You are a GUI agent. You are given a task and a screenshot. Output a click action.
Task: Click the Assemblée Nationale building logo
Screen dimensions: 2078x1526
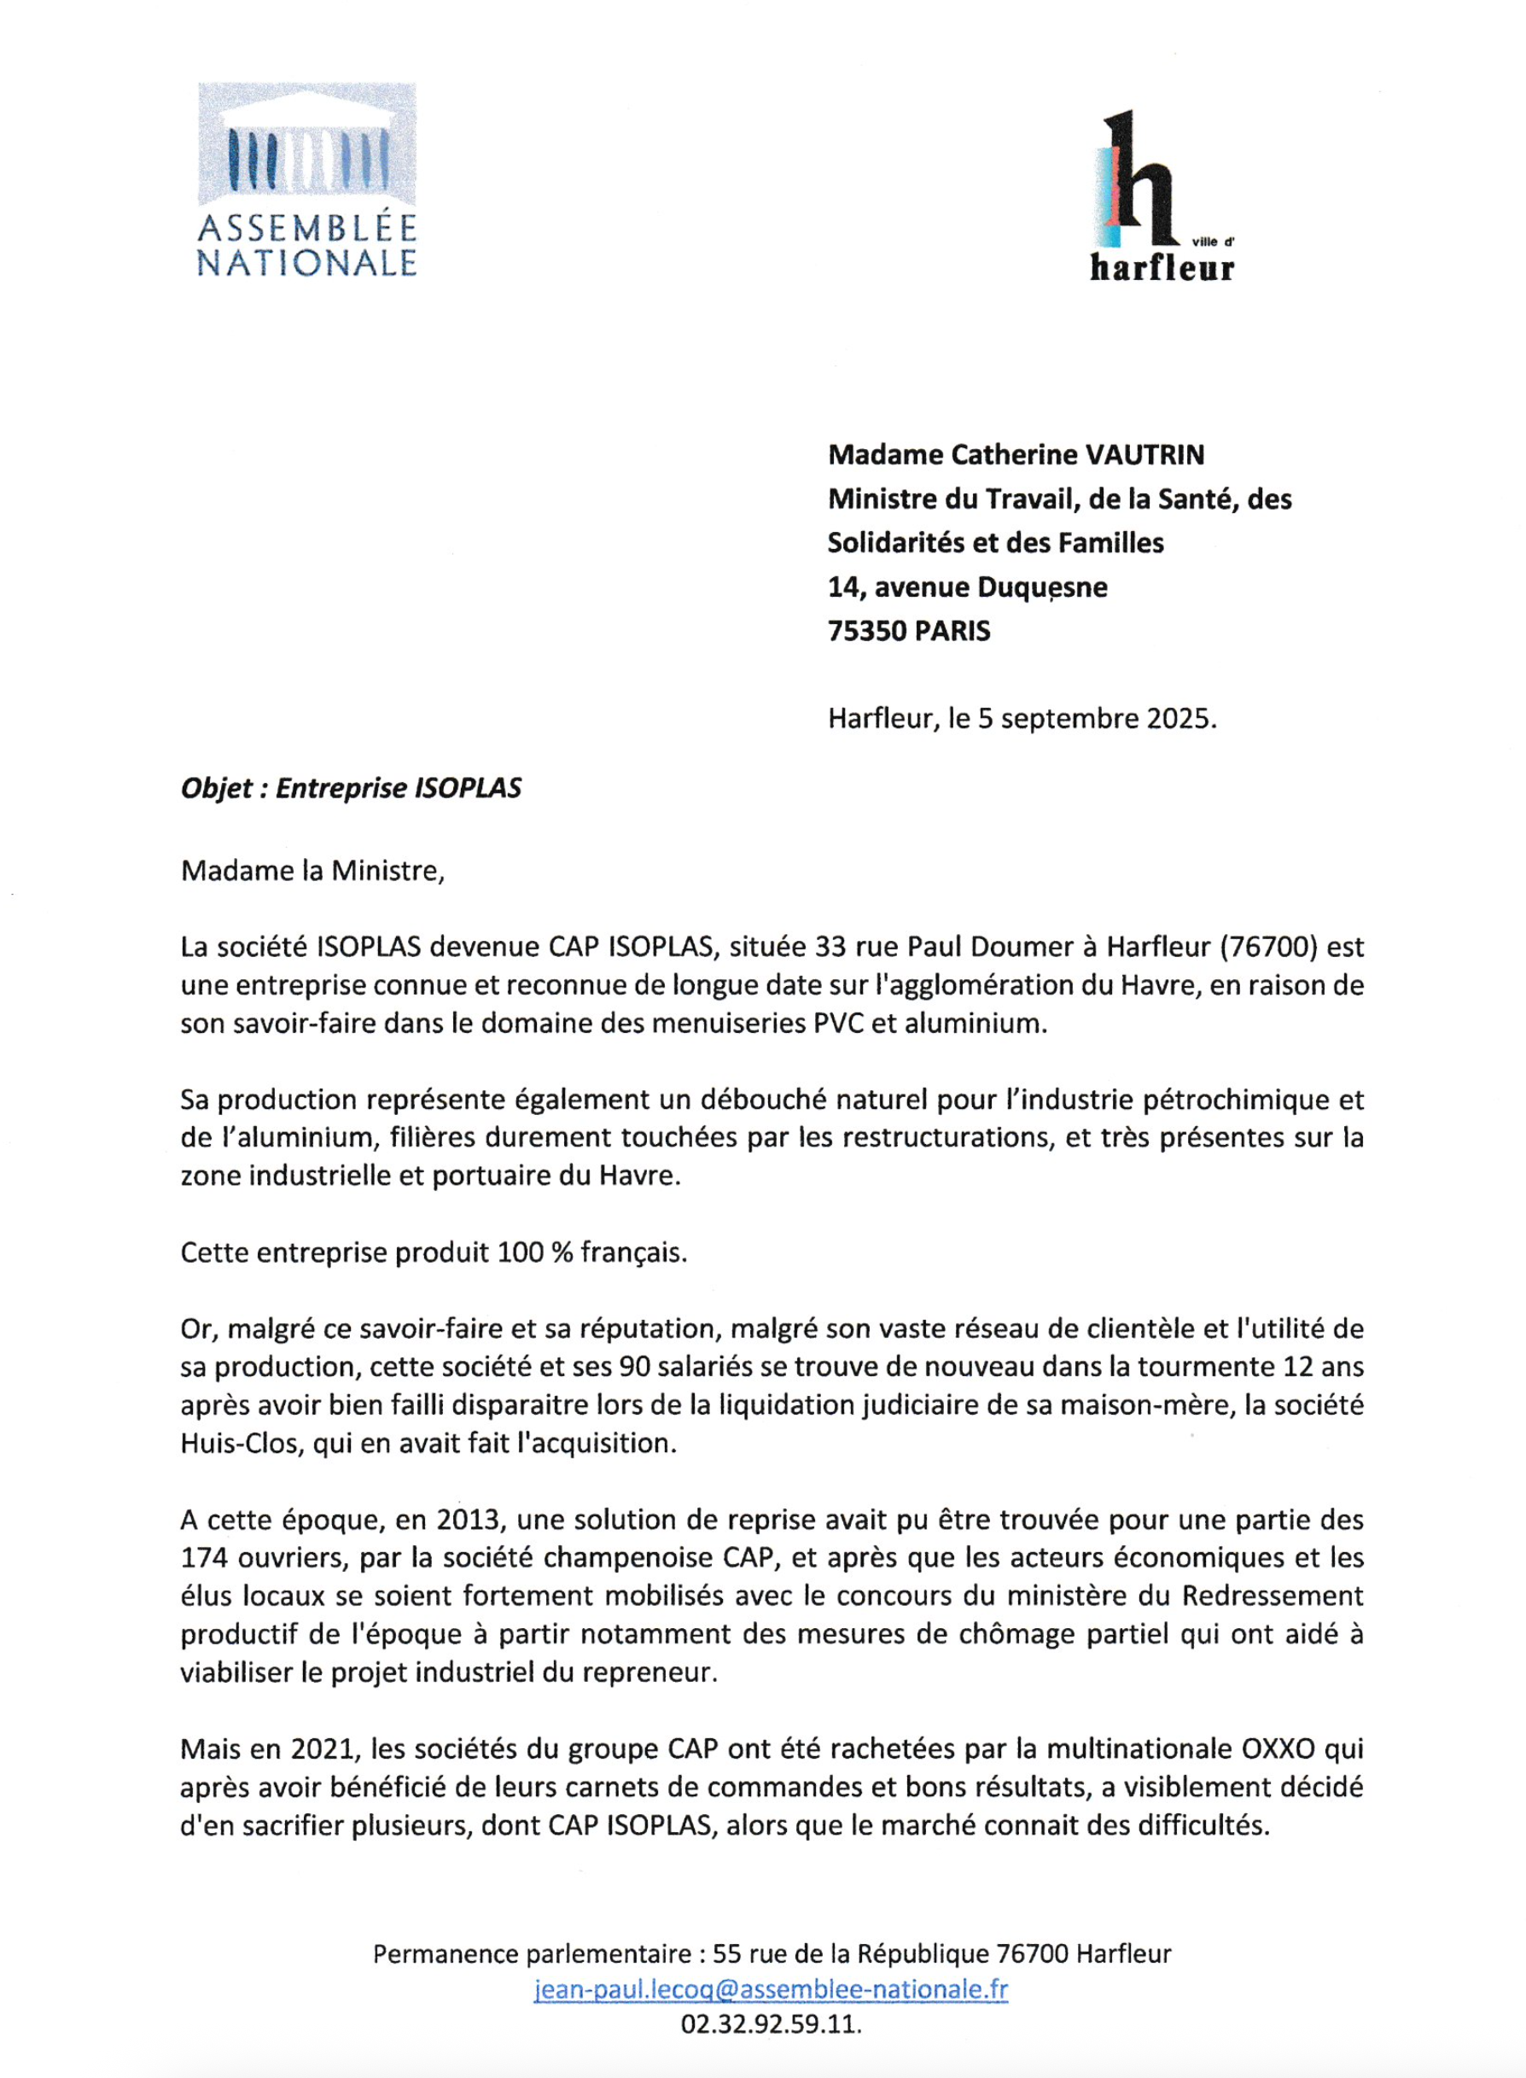point(306,146)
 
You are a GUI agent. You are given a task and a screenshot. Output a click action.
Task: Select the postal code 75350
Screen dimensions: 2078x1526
point(866,631)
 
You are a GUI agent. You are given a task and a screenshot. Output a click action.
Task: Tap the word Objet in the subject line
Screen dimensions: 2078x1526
point(216,788)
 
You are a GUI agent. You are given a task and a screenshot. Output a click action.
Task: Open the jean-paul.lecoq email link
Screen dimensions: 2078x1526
point(771,1989)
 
